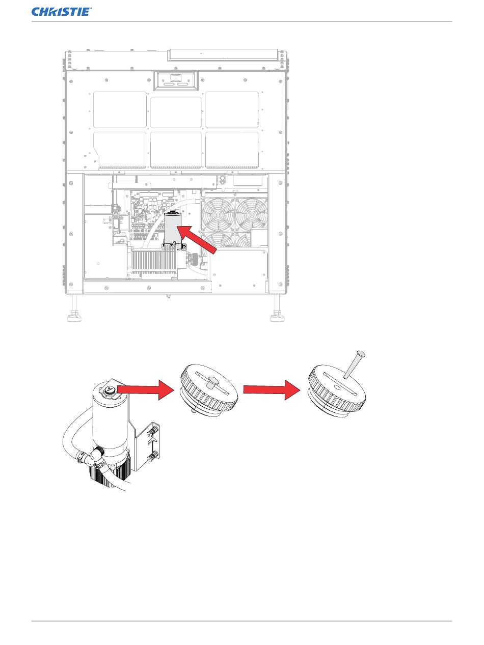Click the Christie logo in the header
(x=61, y=12)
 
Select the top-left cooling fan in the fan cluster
(x=218, y=213)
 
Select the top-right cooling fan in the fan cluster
(x=251, y=213)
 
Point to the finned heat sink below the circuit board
(x=154, y=262)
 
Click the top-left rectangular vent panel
(x=120, y=109)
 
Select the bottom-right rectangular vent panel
(x=232, y=149)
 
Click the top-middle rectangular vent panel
(x=176, y=112)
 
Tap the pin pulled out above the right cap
(x=353, y=364)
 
